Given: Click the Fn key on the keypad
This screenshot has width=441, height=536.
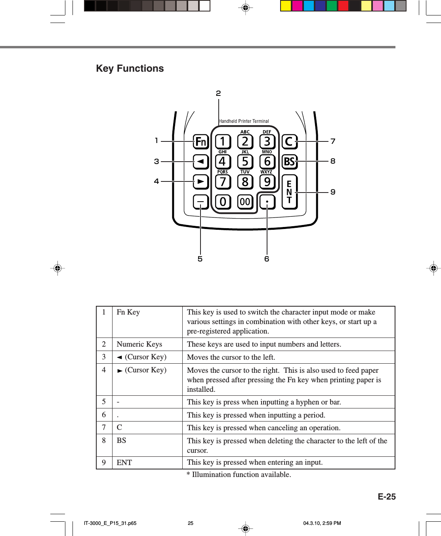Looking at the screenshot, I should coord(201,141).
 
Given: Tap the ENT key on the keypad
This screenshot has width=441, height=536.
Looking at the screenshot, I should coord(289,192).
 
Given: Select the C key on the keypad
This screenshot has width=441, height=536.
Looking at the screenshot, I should coord(289,141).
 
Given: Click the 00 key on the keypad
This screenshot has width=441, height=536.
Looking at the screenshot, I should coord(245,202).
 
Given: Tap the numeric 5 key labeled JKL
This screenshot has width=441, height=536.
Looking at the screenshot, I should coord(245,162).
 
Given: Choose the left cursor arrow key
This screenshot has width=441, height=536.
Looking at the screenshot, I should coord(201,162).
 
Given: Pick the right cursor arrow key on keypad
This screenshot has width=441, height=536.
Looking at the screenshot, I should coord(201,182).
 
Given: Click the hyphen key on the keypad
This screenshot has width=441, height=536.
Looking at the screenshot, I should coord(201,202).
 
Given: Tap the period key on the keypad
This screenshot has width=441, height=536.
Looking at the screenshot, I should coord(267,202).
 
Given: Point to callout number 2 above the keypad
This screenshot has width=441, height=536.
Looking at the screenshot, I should coord(218,93).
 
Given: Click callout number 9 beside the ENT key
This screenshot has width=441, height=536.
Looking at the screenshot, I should coord(333,192).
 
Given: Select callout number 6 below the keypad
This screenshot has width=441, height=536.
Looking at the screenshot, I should coord(267,259).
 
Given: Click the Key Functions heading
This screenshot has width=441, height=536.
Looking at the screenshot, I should coord(130,69).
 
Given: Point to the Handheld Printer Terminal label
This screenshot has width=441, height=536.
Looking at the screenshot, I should coord(244,121).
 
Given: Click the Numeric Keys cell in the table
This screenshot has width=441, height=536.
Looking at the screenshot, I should coord(139,344).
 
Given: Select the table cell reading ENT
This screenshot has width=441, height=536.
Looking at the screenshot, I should coord(124,463).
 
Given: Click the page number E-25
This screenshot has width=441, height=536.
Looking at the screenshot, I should coord(386,497).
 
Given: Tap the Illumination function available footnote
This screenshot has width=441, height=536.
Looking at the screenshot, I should coord(239,475).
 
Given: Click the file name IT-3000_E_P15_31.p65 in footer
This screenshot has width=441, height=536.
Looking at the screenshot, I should coord(110,523).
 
